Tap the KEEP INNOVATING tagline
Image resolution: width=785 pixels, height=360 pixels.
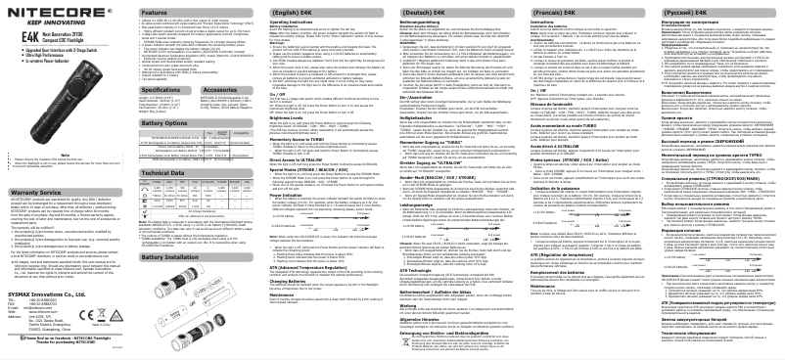point(37,21)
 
